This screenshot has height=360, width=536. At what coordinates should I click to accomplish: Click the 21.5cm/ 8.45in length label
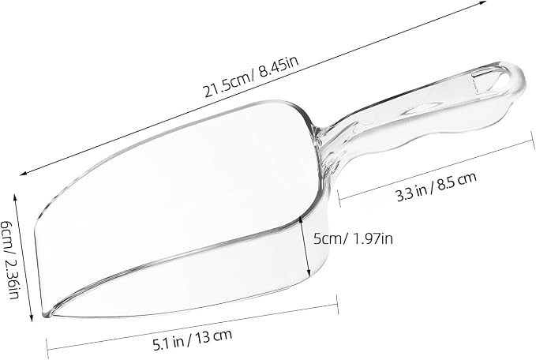pyautogui.click(x=252, y=77)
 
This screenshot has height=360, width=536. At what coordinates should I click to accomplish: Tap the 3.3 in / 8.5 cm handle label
pyautogui.click(x=436, y=187)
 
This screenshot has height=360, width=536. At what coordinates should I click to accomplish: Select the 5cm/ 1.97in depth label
pyautogui.click(x=353, y=238)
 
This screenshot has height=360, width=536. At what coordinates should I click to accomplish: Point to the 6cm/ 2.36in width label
pyautogui.click(x=9, y=260)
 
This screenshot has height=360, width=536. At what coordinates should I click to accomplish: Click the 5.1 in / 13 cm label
pyautogui.click(x=193, y=339)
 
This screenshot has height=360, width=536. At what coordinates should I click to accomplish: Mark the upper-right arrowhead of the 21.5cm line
pyautogui.click(x=483, y=2)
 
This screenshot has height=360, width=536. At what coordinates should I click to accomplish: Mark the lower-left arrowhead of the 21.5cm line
pyautogui.click(x=23, y=174)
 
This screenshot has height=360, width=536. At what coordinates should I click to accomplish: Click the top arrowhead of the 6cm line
pyautogui.click(x=15, y=197)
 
